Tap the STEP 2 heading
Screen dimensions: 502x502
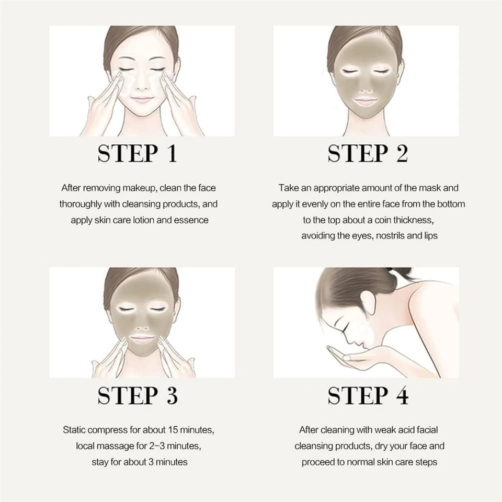tap(367, 154)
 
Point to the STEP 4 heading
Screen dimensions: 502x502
tap(367, 395)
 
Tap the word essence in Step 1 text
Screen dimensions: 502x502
tap(191, 220)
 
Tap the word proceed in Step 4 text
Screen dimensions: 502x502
tap(321, 462)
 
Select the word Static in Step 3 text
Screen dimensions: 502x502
tap(76, 430)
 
